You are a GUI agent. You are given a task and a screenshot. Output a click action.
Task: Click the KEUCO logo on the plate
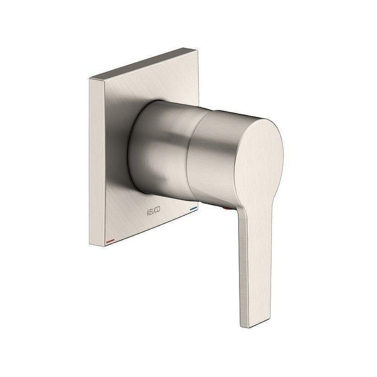153,211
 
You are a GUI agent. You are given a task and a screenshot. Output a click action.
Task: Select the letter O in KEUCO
159,209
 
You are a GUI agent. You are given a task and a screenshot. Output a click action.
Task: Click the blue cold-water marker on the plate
193,208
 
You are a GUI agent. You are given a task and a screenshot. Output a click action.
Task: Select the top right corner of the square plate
198,50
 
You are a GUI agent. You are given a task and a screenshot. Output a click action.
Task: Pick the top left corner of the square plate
89,78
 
